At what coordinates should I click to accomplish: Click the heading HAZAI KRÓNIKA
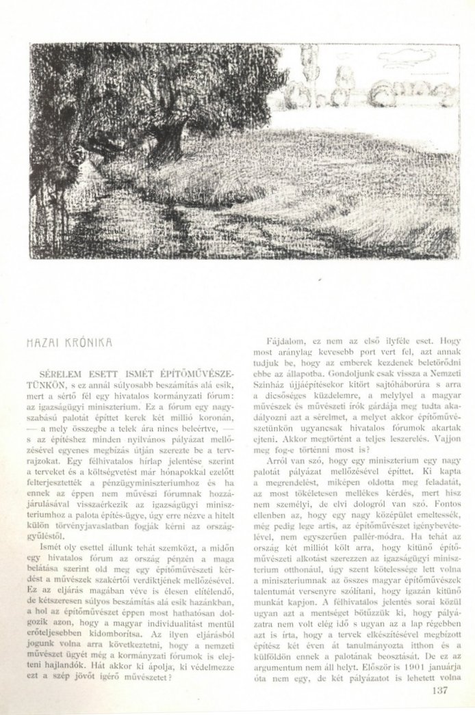[69, 340]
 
